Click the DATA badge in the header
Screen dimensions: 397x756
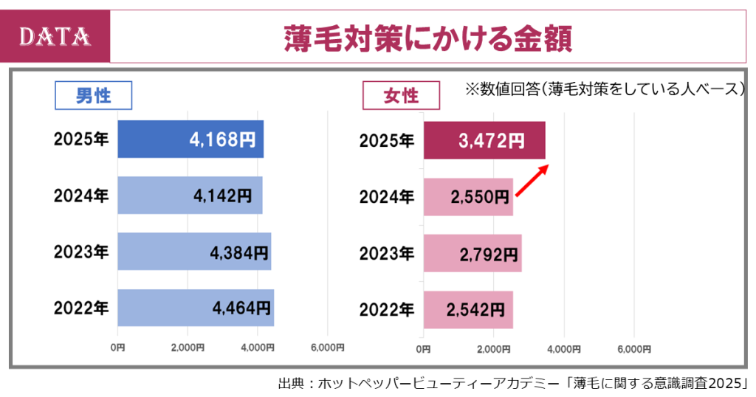(x=55, y=35)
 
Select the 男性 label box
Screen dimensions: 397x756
(x=94, y=95)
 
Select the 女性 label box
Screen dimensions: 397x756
(x=401, y=96)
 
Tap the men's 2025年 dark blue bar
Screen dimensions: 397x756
(x=190, y=139)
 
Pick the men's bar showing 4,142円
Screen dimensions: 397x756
(x=189, y=196)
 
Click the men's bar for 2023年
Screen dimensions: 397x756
(x=193, y=252)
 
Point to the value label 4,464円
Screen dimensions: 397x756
(x=241, y=308)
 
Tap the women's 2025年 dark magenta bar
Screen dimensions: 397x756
(x=484, y=139)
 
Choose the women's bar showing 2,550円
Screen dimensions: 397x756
(x=468, y=196)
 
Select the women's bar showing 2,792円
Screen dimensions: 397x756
(x=472, y=252)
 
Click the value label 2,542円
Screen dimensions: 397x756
(x=476, y=308)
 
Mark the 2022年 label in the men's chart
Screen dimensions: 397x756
(x=81, y=308)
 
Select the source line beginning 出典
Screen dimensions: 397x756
(x=513, y=384)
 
